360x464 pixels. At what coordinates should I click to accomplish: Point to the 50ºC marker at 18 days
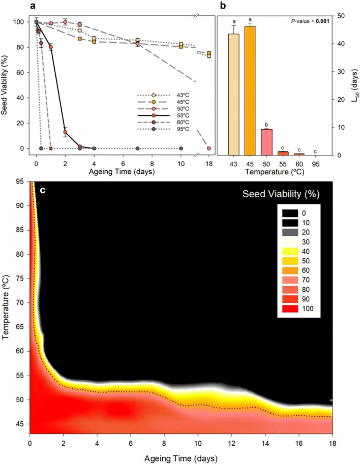tap(209, 148)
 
